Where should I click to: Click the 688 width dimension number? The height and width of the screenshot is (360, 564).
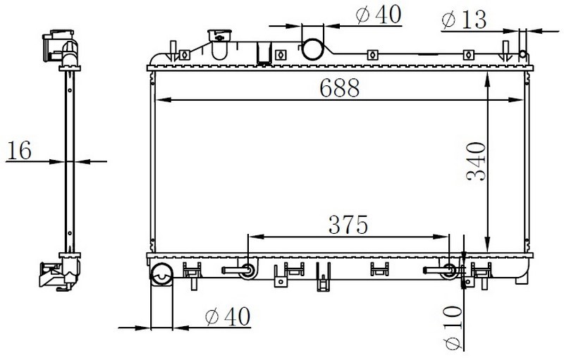[x=340, y=87]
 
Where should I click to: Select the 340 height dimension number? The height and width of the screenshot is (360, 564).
[x=475, y=161]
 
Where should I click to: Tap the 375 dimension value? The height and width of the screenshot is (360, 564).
[x=348, y=225]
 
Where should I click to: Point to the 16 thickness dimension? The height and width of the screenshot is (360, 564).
[x=20, y=150]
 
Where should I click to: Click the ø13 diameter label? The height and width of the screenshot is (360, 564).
[x=464, y=20]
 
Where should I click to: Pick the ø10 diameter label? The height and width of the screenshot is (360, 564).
[x=453, y=328]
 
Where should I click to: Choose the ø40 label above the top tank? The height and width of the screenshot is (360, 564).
[x=378, y=15]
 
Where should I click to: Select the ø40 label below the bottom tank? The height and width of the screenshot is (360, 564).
[x=228, y=316]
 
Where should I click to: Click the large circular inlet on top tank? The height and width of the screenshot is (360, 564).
[x=312, y=49]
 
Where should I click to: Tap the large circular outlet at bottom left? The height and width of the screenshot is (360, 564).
[x=161, y=275]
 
